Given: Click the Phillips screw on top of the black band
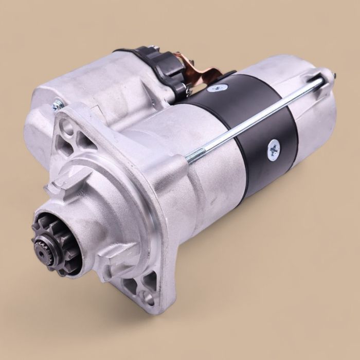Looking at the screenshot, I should (214, 88).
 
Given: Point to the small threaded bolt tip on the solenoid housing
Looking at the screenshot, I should (54, 106).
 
